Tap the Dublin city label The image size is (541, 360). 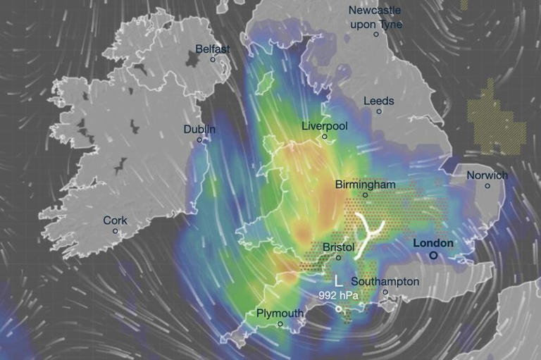199,130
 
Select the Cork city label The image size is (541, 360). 115,221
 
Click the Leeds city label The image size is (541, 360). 378,101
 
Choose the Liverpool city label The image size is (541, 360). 324,126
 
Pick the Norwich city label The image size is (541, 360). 487,175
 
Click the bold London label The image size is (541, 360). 433,243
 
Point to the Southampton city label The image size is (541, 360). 385,282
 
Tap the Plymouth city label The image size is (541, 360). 280,313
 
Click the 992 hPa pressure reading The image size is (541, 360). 337,296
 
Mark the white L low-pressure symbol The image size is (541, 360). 337,280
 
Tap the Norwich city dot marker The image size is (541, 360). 487,186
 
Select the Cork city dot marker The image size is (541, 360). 115,231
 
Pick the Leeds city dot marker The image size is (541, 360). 379,111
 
